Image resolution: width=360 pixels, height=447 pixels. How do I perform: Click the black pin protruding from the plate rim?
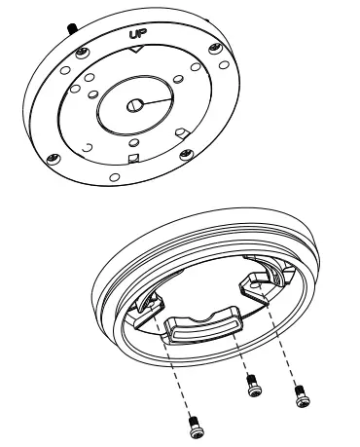(70, 24)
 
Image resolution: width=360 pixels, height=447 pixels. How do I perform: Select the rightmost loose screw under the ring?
(301, 396)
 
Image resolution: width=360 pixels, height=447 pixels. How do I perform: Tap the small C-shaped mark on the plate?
(88, 147)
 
